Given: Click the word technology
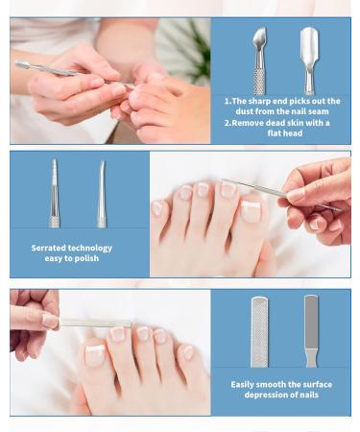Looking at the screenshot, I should point(91,248).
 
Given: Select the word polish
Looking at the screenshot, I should point(88,258).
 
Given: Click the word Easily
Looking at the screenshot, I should point(246,384).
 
